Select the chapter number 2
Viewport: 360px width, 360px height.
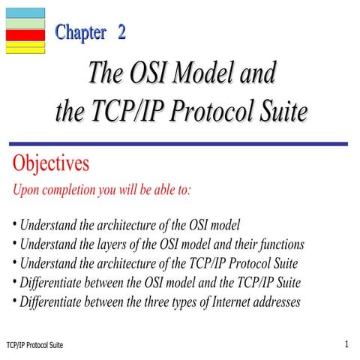(121, 32)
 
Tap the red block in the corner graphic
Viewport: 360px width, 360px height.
(25, 35)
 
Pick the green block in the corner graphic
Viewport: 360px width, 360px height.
(25, 24)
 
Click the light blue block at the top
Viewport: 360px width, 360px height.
(25, 13)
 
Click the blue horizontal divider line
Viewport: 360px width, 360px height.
(180, 144)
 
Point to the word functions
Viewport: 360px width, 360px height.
(279, 244)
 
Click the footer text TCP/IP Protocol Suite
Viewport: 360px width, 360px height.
(34, 344)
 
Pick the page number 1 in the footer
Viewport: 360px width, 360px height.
(347, 343)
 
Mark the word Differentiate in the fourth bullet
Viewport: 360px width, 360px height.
(52, 283)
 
